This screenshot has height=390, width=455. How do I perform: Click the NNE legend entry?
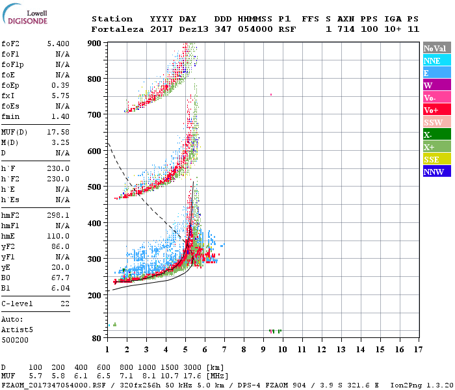point(437,60)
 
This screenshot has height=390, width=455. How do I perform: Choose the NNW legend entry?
point(437,172)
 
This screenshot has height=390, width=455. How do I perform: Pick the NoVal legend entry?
point(437,48)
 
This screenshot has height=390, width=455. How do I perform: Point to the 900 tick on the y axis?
point(95,43)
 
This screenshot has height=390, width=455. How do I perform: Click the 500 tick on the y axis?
point(95,187)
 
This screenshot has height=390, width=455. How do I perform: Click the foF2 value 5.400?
point(58,44)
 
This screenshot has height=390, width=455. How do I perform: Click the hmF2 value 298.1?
point(58,215)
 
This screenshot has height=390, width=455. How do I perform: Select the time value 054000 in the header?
point(255,29)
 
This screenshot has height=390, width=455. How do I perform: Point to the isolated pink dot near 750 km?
point(271,95)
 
